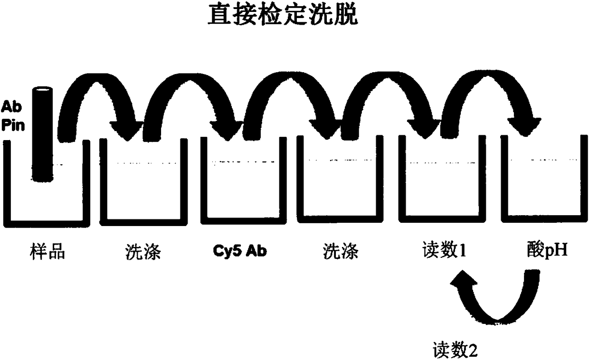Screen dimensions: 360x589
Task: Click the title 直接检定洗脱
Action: pyautogui.click(x=283, y=16)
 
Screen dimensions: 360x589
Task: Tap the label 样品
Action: pyautogui.click(x=46, y=252)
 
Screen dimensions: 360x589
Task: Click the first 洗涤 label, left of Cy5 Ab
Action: pyautogui.click(x=143, y=252)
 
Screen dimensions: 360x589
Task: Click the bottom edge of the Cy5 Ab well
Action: pyautogui.click(x=240, y=222)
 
